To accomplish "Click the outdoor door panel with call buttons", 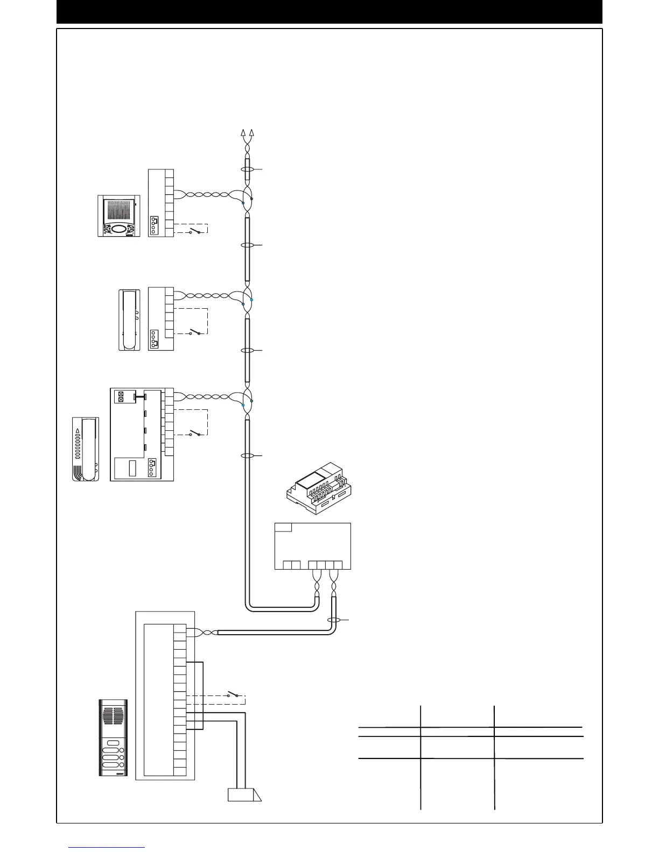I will click(x=113, y=737).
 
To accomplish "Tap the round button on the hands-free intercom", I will click(x=117, y=229).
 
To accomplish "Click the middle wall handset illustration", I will click(x=129, y=320).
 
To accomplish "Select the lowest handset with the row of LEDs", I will click(x=86, y=449).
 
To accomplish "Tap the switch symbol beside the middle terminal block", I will click(x=194, y=332).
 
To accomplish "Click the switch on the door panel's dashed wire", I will click(x=233, y=694).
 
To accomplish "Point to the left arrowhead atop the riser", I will click(x=243, y=132).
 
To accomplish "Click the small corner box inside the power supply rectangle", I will click(x=283, y=527).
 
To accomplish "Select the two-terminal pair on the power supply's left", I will click(x=292, y=565).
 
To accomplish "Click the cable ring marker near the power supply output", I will click(x=334, y=620).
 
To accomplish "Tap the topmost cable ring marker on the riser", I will click(x=247, y=169).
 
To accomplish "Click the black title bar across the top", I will click(x=329, y=12).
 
